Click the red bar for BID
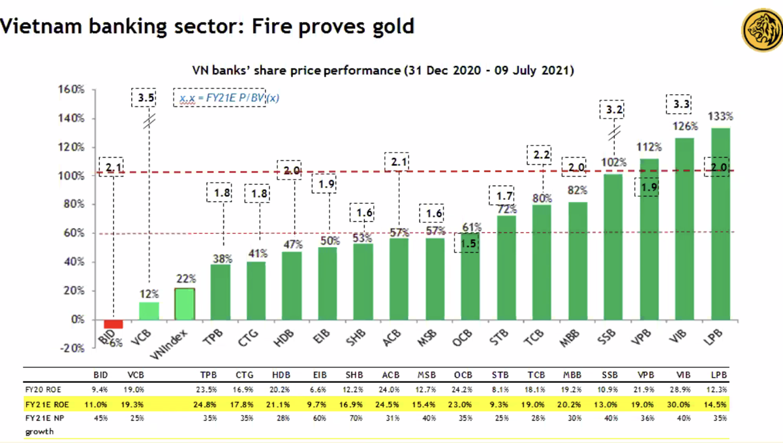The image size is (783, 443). (x=114, y=323)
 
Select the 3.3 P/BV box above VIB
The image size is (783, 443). (x=683, y=104)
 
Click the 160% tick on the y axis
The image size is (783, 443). (x=73, y=90)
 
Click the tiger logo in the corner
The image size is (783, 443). (x=761, y=30)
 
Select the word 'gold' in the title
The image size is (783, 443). (x=390, y=27)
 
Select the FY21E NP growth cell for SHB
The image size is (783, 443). (x=354, y=418)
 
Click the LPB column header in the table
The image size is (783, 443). (x=717, y=376)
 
